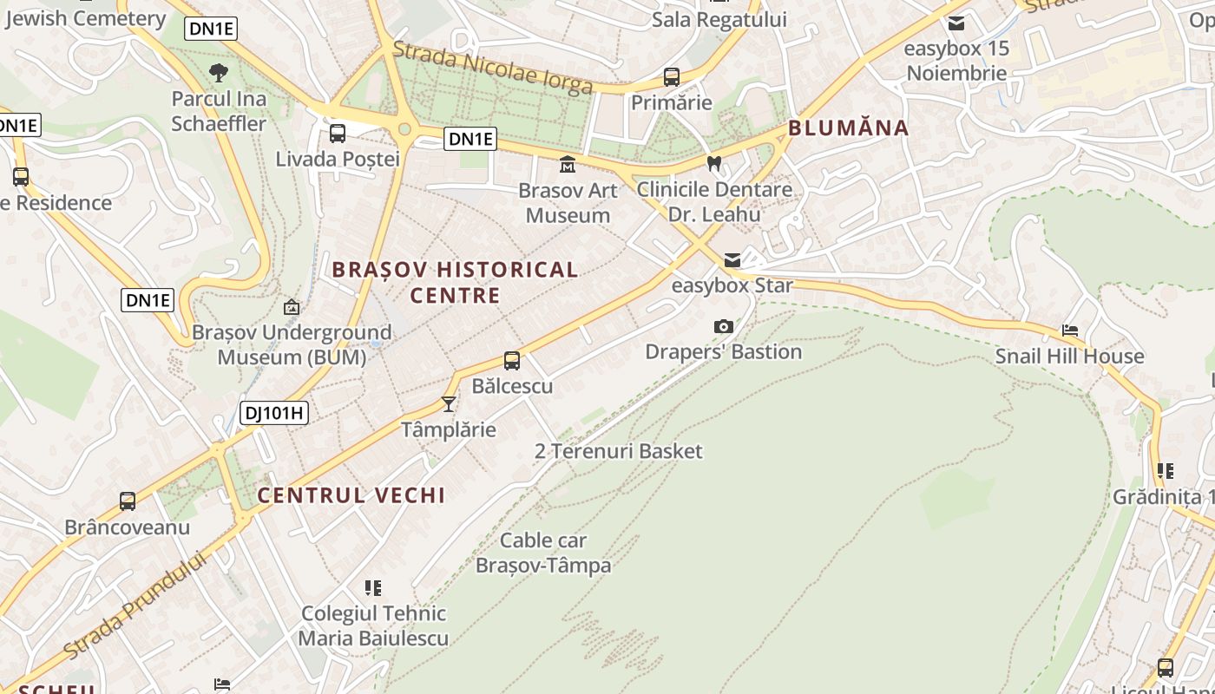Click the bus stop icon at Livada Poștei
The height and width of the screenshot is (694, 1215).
click(338, 134)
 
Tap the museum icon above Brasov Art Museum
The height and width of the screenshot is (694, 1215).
click(568, 164)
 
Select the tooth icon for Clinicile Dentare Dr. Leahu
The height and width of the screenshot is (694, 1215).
click(714, 162)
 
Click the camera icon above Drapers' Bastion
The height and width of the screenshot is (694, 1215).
click(723, 326)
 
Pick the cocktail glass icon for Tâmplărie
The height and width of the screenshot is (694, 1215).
click(449, 403)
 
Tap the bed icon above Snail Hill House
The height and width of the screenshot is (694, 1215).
click(1070, 331)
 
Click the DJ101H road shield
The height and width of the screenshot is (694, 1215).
click(274, 413)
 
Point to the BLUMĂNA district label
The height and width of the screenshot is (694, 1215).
click(848, 128)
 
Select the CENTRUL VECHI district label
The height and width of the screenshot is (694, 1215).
click(351, 495)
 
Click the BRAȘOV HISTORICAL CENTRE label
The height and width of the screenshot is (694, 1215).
click(456, 282)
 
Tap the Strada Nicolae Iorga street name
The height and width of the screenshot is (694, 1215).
click(493, 68)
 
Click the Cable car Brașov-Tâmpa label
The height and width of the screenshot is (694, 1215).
click(543, 553)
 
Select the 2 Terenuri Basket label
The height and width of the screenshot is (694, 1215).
click(618, 451)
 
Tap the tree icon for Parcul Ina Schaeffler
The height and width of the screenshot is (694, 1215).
click(219, 72)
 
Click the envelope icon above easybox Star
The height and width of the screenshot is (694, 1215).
click(732, 260)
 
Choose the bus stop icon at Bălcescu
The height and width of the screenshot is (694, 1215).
click(512, 361)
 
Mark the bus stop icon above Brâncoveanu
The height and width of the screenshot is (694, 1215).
click(128, 501)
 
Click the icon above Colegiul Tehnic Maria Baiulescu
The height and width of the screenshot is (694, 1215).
click(373, 588)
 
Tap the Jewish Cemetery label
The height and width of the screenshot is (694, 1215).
click(84, 18)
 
